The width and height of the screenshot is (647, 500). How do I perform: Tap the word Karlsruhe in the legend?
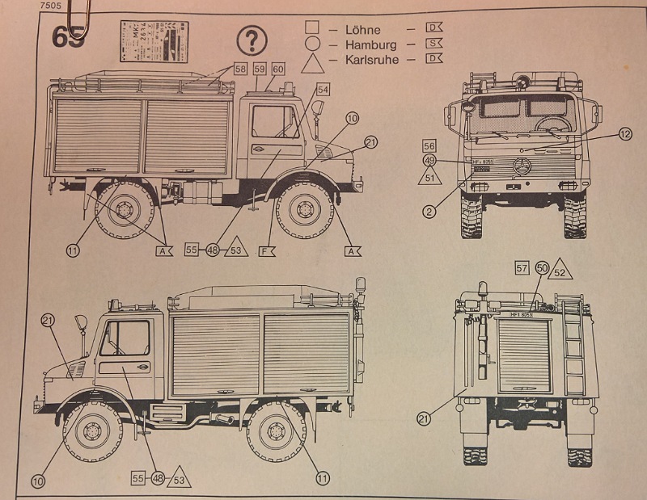pos(370,59)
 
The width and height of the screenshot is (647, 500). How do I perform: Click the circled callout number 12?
pos(624,134)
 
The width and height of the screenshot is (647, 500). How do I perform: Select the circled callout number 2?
pos(429,212)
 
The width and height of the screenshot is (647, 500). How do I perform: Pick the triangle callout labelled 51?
pos(429,177)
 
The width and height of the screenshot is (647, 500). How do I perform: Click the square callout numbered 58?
pos(240,69)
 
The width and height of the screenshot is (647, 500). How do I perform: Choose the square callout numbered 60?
pos(277,69)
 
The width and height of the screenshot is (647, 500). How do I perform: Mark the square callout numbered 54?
pos(323,89)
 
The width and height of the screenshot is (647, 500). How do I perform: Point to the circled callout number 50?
pos(541,268)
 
